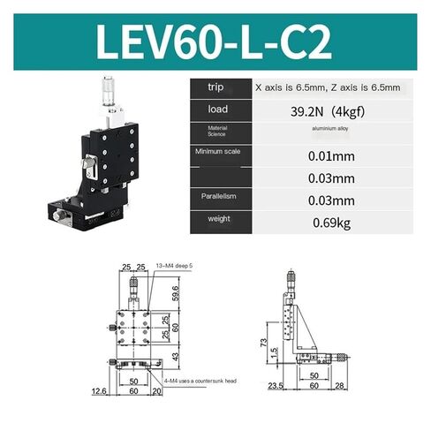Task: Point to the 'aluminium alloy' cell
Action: coord(322,131)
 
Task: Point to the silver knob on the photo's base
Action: coord(64,215)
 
